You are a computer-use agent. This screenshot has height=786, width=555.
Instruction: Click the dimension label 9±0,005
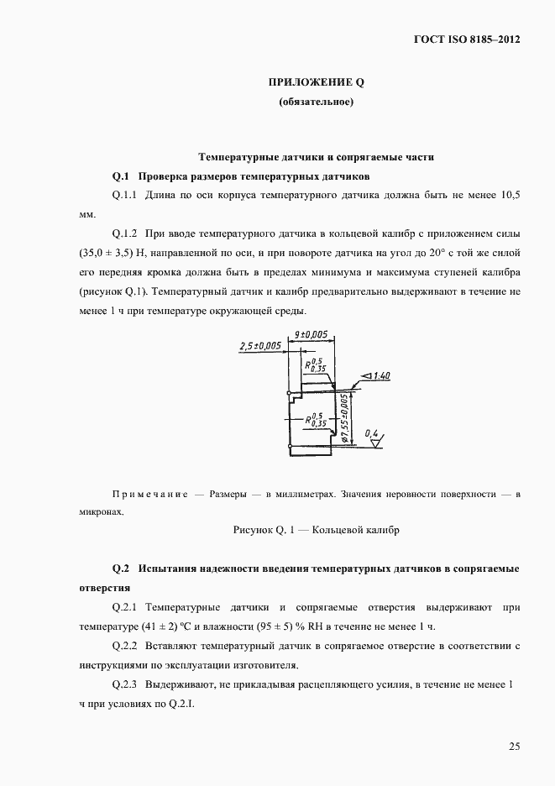pyautogui.click(x=312, y=335)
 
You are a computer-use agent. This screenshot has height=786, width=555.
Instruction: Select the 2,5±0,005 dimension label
pyautogui.click(x=261, y=345)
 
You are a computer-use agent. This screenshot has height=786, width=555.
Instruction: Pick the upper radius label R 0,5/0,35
pyautogui.click(x=314, y=363)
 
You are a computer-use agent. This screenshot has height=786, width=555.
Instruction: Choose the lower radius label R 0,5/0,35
pyautogui.click(x=316, y=419)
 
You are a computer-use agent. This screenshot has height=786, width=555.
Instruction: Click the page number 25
pyautogui.click(x=514, y=746)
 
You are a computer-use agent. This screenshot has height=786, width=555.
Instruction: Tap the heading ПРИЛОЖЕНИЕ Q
pyautogui.click(x=316, y=82)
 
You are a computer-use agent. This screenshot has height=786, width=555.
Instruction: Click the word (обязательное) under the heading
pyautogui.click(x=316, y=103)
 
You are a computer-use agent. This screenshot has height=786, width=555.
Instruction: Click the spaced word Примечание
pyautogui.click(x=149, y=495)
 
